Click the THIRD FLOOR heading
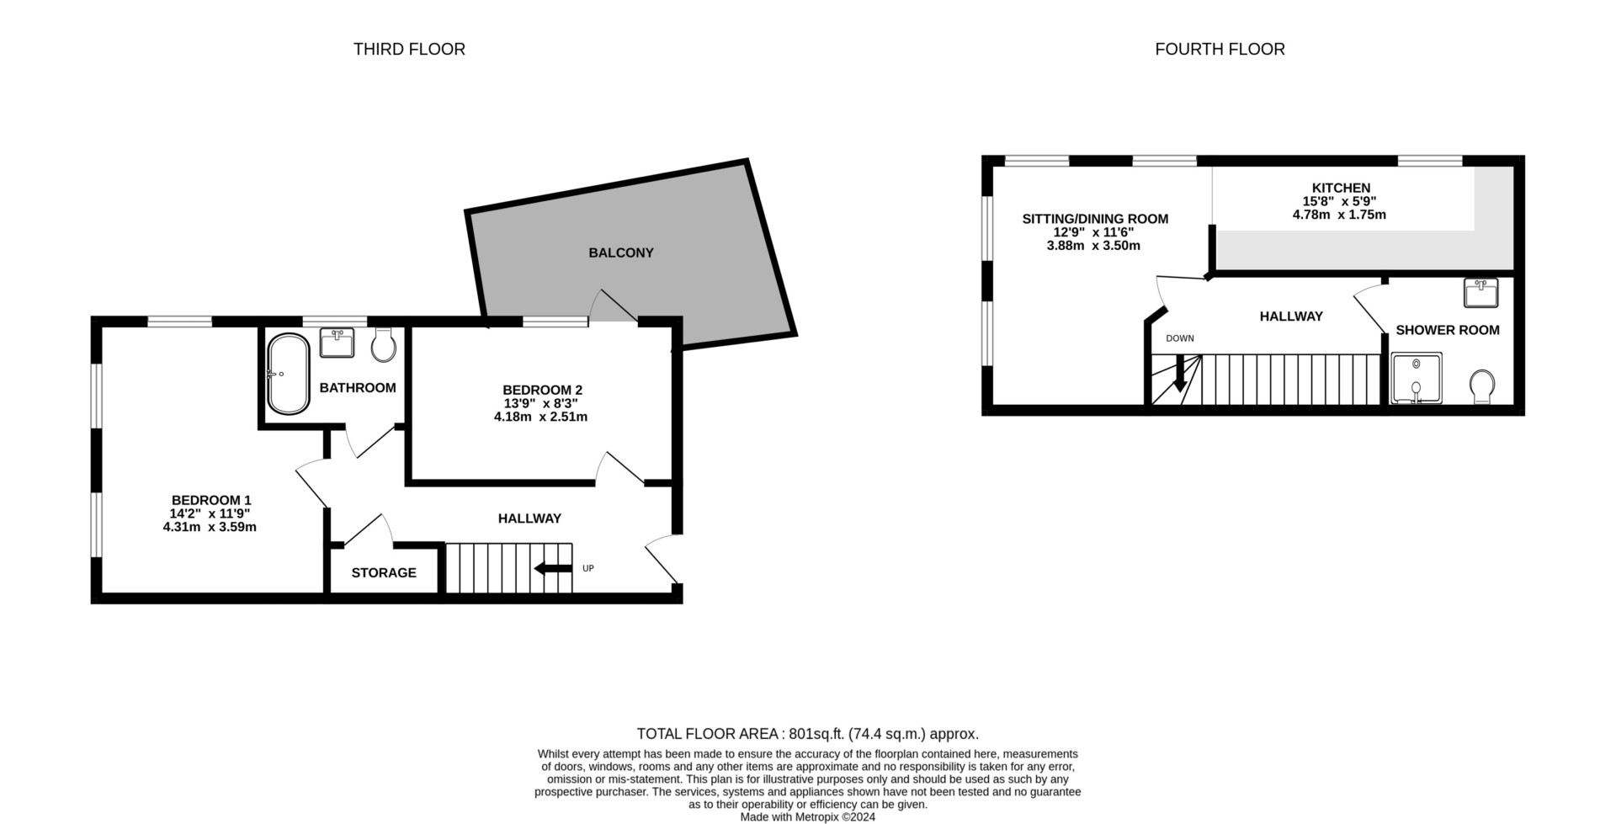(x=409, y=50)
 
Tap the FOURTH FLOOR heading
(x=1220, y=50)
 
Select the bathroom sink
(x=338, y=343)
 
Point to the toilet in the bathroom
(x=384, y=344)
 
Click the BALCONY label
(x=621, y=253)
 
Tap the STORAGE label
(x=384, y=573)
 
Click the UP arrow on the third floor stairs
(x=553, y=568)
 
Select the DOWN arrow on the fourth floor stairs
(x=1180, y=373)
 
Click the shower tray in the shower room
(x=1417, y=378)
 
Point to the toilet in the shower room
(x=1483, y=388)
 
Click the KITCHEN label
(x=1341, y=188)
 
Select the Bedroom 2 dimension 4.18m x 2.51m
(x=540, y=417)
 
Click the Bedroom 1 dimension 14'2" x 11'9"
(x=210, y=513)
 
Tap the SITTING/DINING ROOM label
(x=1095, y=219)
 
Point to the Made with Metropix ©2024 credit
(x=808, y=816)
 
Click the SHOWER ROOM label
(x=1448, y=330)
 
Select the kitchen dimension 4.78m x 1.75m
(x=1339, y=215)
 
